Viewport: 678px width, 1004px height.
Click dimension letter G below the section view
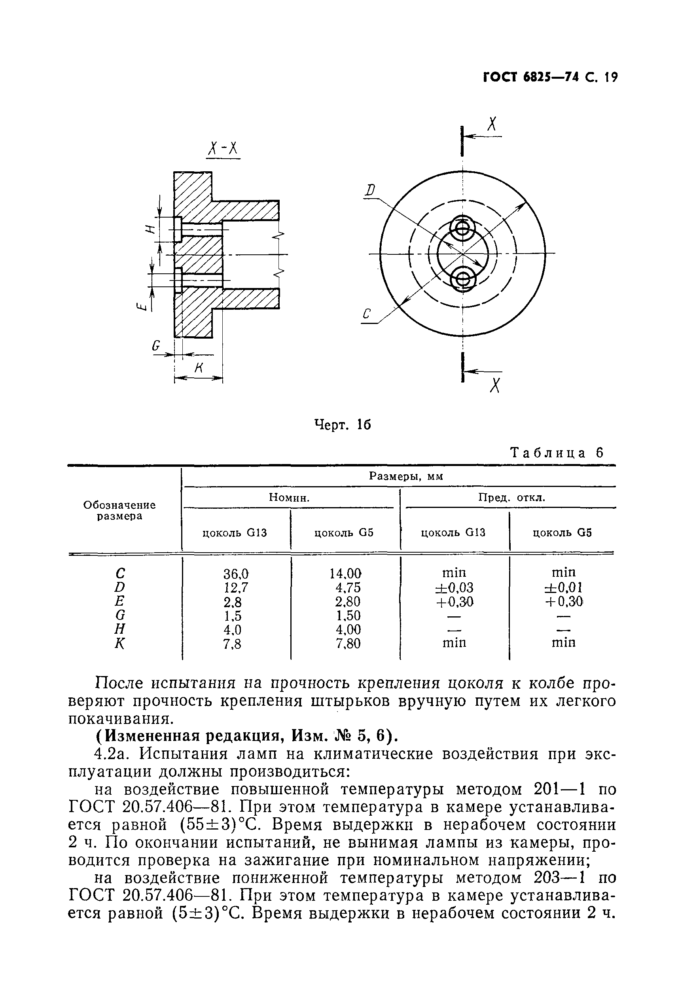(x=156, y=346)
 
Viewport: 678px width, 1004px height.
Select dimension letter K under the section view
(x=199, y=368)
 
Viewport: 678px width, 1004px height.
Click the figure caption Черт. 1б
(x=342, y=425)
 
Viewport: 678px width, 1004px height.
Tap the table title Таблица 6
(x=557, y=453)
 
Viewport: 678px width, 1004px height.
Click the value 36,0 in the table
(x=236, y=574)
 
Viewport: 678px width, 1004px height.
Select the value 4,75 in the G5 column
(x=348, y=588)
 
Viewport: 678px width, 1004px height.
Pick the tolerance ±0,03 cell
(x=454, y=587)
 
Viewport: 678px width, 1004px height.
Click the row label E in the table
(x=120, y=601)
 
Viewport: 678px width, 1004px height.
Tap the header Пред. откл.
(x=511, y=498)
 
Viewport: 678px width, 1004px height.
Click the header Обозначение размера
(x=119, y=510)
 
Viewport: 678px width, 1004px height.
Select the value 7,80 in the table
(x=348, y=644)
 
